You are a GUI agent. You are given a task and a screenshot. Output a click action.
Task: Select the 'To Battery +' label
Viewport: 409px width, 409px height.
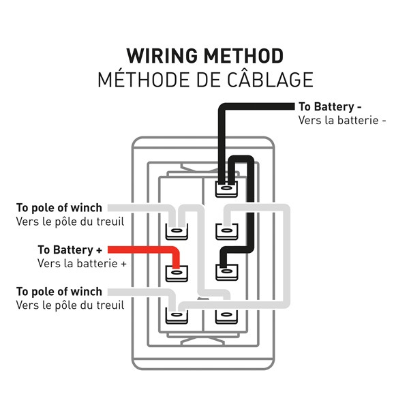pyautogui.click(x=70, y=249)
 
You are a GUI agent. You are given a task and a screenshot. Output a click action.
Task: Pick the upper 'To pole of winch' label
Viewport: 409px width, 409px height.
pyautogui.click(x=59, y=207)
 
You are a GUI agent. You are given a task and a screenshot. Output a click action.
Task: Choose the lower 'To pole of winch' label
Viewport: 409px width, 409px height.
pyautogui.click(x=59, y=292)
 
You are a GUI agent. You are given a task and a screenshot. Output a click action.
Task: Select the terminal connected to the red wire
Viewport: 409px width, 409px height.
pyautogui.click(x=177, y=273)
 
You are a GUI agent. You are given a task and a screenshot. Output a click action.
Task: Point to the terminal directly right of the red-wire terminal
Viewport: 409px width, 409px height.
pyautogui.click(x=226, y=273)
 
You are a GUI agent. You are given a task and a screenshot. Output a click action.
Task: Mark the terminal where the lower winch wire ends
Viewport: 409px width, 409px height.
pyautogui.click(x=177, y=316)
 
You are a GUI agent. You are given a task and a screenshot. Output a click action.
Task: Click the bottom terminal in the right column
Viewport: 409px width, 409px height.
pyautogui.click(x=226, y=316)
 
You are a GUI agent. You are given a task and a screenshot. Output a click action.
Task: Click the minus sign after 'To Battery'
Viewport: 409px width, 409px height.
pyautogui.click(x=359, y=107)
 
